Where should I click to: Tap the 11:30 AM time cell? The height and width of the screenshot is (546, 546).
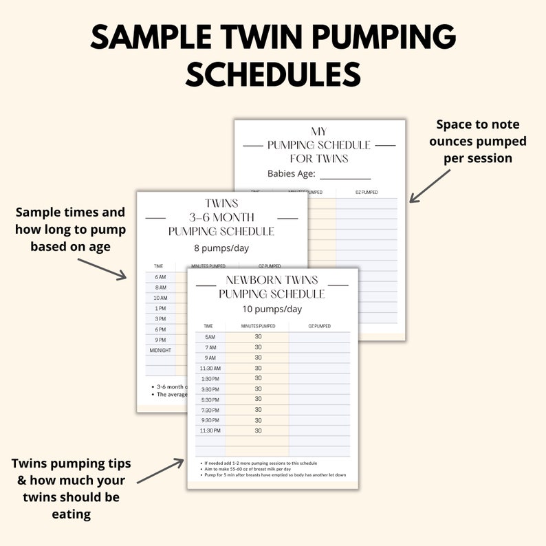[210, 368]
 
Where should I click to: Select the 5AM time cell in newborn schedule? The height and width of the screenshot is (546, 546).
[210, 337]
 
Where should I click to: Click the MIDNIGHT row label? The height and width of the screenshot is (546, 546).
[160, 350]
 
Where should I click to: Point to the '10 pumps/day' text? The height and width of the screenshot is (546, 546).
[272, 309]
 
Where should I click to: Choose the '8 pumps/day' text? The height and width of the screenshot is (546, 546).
[221, 248]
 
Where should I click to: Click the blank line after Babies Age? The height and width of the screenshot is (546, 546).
[345, 175]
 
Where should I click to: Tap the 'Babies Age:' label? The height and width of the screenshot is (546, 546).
[292, 174]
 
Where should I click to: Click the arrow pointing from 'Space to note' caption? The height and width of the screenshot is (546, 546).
[430, 184]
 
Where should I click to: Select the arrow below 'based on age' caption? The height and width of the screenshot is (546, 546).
[102, 268]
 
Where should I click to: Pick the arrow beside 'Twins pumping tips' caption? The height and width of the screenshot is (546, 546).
[161, 472]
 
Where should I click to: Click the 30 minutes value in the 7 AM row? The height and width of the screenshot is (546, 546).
[258, 347]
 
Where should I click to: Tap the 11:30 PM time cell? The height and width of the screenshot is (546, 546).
[210, 430]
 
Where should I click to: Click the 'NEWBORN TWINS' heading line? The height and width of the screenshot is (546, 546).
[272, 280]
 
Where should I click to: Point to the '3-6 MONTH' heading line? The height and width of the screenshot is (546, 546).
[221, 217]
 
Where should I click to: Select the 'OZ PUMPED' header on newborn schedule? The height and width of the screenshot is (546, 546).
[319, 326]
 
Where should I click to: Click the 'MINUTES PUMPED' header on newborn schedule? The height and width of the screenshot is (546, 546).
[258, 326]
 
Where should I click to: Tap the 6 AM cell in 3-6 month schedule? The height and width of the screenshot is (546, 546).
[160, 277]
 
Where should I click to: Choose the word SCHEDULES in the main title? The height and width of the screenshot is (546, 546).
[273, 73]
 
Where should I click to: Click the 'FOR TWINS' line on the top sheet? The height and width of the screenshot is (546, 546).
[319, 158]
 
